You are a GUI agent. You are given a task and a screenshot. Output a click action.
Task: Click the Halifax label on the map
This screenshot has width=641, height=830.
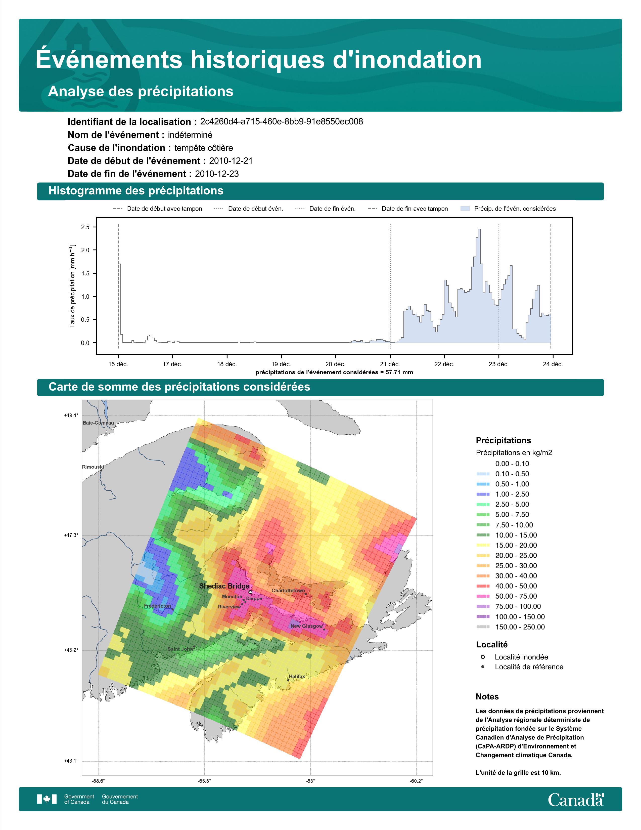297,677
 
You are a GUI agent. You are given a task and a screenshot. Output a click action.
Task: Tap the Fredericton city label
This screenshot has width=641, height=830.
157,606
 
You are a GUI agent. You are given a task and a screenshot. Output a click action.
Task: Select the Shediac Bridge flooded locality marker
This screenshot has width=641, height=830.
250,592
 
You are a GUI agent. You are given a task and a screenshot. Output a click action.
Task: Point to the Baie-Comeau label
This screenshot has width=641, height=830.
98,423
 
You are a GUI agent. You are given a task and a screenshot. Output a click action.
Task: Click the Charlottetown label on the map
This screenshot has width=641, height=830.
288,591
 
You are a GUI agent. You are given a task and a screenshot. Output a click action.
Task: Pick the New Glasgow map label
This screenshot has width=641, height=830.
306,626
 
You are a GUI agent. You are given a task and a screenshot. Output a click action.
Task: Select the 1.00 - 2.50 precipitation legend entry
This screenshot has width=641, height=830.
502,494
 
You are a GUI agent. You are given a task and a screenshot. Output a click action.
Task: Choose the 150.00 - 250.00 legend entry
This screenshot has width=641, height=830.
510,627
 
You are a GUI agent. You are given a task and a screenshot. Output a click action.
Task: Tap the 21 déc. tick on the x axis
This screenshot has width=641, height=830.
390,364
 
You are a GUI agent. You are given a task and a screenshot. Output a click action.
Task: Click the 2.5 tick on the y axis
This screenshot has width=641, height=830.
85,227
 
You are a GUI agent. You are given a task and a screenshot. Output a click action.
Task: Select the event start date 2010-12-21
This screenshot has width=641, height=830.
231,161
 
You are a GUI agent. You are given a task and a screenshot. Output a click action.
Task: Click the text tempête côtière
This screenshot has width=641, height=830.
204,148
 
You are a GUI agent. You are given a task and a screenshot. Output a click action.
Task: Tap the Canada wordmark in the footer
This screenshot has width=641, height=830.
576,799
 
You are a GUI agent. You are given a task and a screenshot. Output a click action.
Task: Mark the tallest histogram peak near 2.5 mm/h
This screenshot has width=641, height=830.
479,230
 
